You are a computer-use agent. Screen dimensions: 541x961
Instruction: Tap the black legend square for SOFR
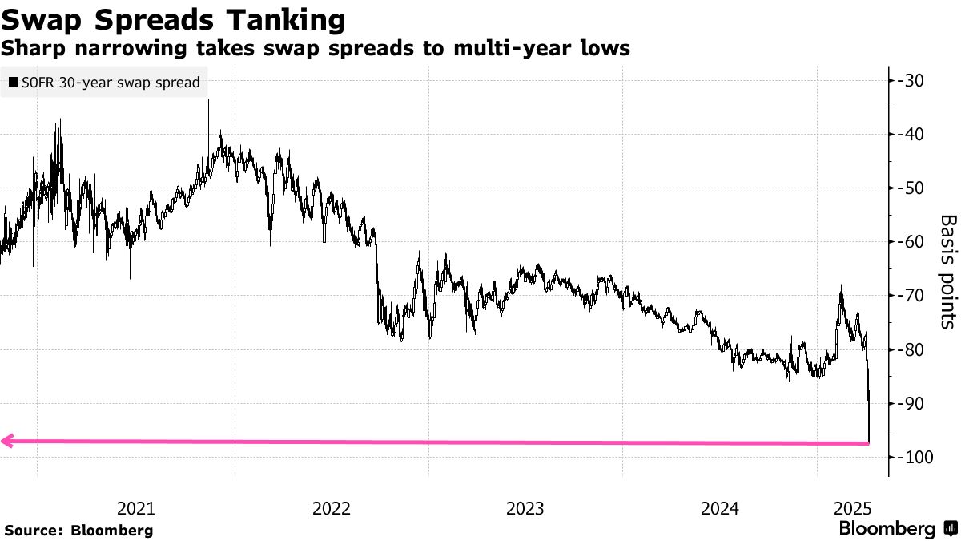(13, 83)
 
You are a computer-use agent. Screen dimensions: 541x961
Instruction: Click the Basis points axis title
(947, 271)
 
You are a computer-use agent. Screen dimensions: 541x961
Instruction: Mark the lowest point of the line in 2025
(870, 442)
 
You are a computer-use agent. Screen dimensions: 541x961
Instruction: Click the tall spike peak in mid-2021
(208, 101)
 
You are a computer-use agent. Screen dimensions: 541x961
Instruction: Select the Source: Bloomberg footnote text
(78, 530)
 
